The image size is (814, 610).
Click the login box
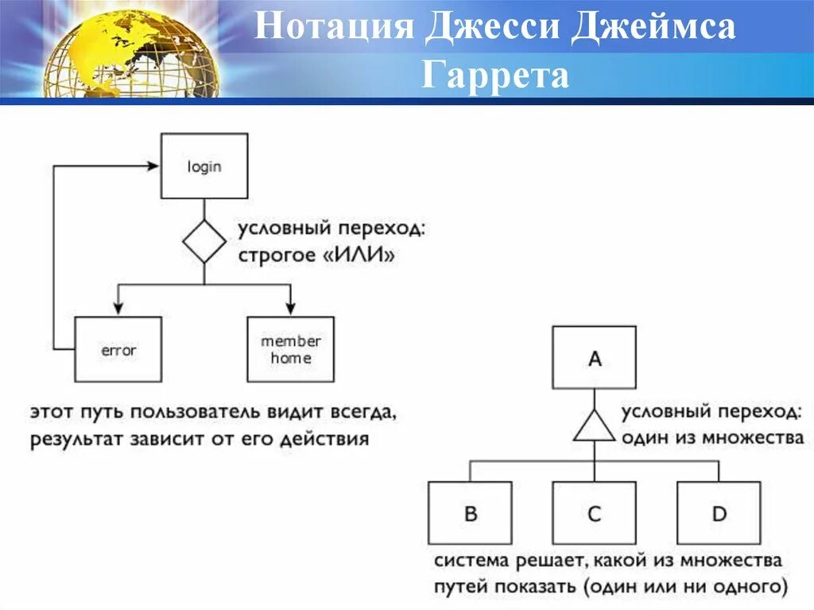(x=204, y=166)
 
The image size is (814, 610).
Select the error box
(x=118, y=349)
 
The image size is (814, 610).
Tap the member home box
(x=291, y=349)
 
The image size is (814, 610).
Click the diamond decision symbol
(x=204, y=242)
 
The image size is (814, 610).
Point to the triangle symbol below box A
(x=594, y=428)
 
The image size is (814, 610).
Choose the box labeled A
(x=595, y=358)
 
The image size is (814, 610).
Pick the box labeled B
(x=471, y=513)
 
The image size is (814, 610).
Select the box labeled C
(x=595, y=513)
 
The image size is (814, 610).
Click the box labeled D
(x=719, y=513)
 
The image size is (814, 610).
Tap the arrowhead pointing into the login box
(x=154, y=166)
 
